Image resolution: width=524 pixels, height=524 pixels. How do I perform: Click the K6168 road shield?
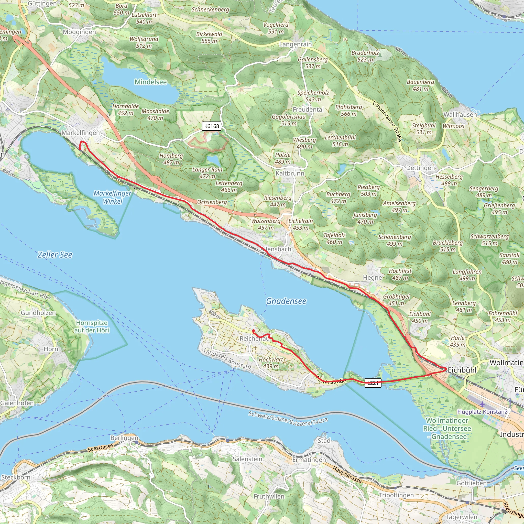(212, 126)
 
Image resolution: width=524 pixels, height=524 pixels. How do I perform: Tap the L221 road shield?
(373, 383)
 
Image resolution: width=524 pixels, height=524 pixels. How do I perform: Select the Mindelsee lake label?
(151, 82)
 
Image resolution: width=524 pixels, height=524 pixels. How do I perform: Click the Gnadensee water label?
(286, 301)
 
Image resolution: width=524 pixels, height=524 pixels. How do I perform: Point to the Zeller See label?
(55, 255)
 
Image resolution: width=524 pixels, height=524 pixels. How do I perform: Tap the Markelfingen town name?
(81, 133)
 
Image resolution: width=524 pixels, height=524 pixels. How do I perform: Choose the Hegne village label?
(372, 277)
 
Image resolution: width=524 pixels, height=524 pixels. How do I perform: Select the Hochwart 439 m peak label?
(271, 363)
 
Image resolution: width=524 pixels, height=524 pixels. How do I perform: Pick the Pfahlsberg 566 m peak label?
(348, 110)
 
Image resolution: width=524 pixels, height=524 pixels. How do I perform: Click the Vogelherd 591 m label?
(276, 28)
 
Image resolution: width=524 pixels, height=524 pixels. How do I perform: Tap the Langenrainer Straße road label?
(387, 121)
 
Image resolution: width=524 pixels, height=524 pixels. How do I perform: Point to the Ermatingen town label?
(309, 460)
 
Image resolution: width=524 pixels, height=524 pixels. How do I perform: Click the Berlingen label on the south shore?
(124, 438)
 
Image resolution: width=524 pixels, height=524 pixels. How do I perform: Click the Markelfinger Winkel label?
(112, 197)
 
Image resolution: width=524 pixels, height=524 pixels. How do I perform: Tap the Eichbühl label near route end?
(462, 370)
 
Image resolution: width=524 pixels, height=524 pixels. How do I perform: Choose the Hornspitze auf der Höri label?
(92, 326)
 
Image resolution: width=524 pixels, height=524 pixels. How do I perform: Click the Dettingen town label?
(420, 168)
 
